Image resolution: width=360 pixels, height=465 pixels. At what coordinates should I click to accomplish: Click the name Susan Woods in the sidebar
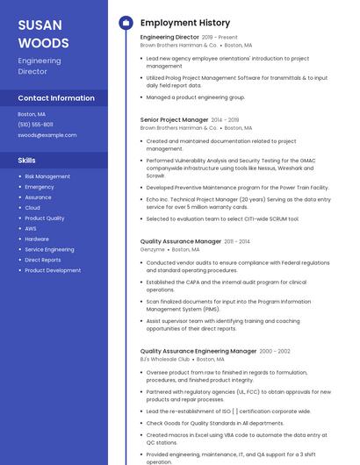43,33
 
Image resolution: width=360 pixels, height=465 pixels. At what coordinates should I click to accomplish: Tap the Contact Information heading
56,98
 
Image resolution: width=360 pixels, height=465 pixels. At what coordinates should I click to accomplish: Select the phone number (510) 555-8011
35,125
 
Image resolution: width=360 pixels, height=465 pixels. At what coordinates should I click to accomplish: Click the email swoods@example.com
47,135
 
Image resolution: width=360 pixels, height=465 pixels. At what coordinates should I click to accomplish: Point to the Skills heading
26,161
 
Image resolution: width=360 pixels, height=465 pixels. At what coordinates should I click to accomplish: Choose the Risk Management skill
47,176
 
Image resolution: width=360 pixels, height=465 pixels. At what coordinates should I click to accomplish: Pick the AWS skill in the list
31,228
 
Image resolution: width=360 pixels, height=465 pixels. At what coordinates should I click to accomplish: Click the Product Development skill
53,270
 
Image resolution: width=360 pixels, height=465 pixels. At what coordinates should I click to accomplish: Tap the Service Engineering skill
49,249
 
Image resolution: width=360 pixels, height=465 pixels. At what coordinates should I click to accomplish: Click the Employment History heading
185,23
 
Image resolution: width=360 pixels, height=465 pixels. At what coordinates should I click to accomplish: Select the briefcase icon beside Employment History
125,23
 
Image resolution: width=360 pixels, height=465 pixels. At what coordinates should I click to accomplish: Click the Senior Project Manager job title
175,119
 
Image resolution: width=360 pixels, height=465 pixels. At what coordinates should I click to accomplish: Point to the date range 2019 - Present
220,38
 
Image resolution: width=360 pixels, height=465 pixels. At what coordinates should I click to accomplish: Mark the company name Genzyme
152,250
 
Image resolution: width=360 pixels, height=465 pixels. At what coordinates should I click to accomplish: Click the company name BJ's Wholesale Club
165,359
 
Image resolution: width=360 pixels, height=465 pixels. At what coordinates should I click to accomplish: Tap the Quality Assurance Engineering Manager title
198,351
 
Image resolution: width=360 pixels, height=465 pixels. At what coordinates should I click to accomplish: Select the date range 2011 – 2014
237,241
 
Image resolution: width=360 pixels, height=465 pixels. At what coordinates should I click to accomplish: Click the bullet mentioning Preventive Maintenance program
237,187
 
